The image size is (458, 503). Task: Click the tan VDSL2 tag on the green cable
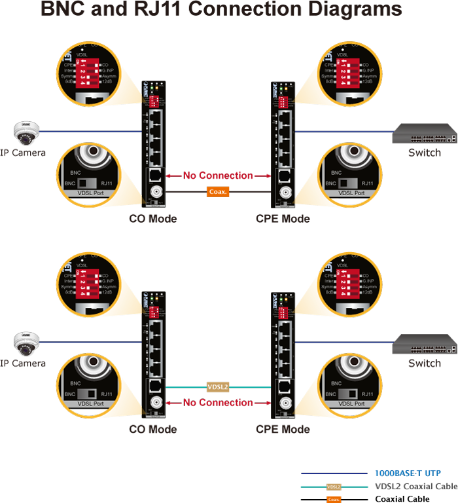(217, 386)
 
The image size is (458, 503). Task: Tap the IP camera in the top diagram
(26, 133)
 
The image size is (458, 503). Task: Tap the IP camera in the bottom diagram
(26, 343)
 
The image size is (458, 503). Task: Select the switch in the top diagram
(424, 134)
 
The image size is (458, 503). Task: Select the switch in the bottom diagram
(424, 345)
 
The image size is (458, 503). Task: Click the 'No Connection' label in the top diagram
(218, 176)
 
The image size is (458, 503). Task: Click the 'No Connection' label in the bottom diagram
(218, 402)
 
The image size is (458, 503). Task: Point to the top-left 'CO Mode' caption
(152, 218)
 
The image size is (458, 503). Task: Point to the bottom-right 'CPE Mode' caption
(283, 429)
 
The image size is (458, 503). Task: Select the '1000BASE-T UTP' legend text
(407, 473)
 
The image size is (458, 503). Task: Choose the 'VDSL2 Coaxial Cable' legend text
(415, 486)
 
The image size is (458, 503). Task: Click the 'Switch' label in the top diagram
(424, 153)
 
